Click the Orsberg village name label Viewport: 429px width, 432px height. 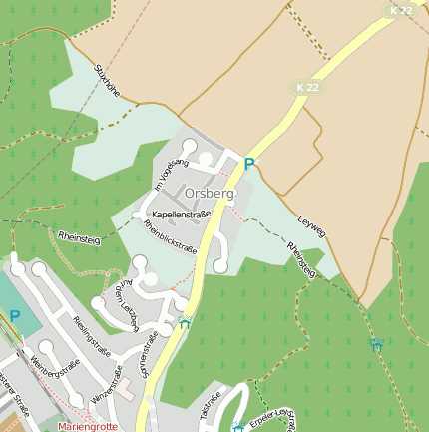point(210,193)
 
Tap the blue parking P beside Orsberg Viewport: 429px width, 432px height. point(249,164)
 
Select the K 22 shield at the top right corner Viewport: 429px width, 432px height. point(401,10)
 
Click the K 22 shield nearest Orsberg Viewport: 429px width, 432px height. point(307,88)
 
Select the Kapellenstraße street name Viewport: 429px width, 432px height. point(181,215)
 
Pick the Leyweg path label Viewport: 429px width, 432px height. point(311,224)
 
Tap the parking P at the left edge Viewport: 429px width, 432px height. point(14,315)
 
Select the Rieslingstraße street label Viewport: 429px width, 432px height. point(91,335)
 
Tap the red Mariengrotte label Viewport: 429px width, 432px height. point(88,426)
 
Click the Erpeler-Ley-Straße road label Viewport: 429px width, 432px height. point(274,418)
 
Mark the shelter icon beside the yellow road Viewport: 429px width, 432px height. point(185,322)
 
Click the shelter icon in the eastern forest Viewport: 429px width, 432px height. point(376,345)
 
